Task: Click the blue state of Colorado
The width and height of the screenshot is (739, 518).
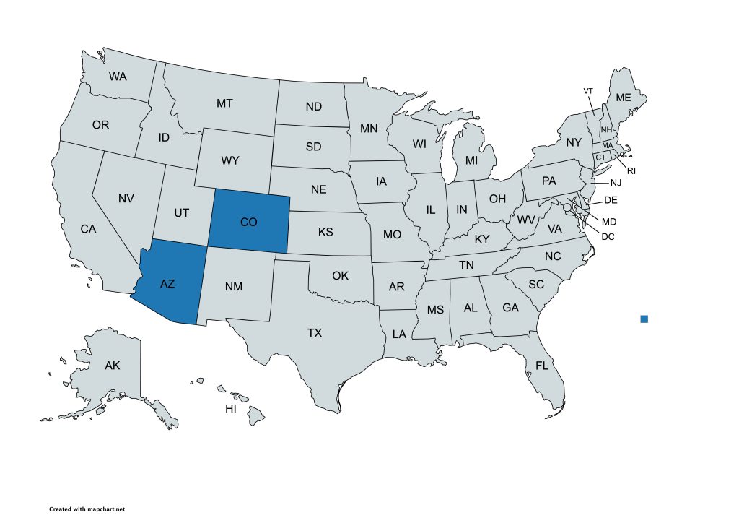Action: (249, 222)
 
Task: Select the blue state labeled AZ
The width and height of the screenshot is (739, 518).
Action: (167, 284)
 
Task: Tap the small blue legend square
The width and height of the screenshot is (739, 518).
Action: (644, 319)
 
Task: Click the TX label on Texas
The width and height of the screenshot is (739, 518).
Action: (315, 333)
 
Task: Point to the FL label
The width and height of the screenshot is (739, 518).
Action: (542, 366)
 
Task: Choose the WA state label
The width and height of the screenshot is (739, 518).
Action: (118, 76)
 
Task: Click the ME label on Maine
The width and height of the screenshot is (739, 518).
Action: (623, 98)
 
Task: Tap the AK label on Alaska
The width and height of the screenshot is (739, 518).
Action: (113, 366)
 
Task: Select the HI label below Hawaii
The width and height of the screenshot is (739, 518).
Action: (231, 409)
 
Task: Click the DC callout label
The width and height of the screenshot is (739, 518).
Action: (608, 236)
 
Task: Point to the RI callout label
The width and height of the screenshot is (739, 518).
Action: (631, 171)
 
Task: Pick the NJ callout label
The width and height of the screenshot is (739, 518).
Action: (615, 183)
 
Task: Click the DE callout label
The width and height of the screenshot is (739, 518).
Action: (611, 199)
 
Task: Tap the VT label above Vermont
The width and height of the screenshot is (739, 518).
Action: (588, 90)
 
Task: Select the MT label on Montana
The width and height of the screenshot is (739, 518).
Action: (224, 103)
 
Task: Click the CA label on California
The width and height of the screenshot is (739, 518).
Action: (88, 229)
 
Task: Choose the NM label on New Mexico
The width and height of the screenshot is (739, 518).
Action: (233, 286)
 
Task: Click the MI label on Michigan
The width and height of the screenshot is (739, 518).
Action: (471, 160)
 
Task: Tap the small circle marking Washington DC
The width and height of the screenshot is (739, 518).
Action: (568, 208)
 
